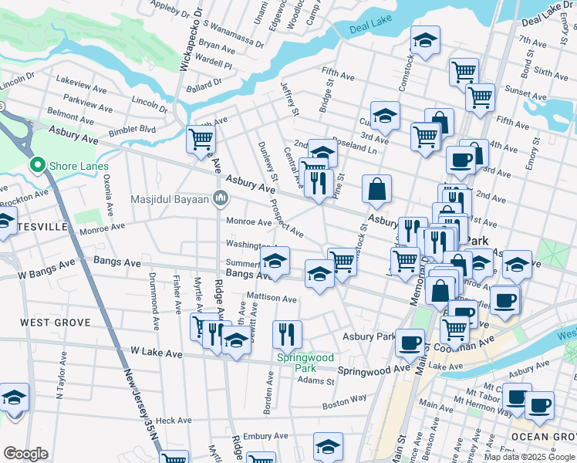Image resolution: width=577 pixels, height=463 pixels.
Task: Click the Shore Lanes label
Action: (x=79, y=166)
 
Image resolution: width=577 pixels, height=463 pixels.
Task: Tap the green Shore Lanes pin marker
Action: (x=36, y=165)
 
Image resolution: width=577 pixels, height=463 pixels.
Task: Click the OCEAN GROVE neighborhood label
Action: (x=544, y=437)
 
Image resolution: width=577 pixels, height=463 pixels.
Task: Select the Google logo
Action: (x=25, y=453)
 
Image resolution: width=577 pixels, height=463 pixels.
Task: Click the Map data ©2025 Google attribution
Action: (x=529, y=457)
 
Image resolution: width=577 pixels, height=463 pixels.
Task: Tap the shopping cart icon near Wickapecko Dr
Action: (x=201, y=140)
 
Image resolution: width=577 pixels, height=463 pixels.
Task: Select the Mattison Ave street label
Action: (x=271, y=298)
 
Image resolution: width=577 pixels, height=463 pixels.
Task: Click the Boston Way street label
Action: (x=344, y=402)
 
